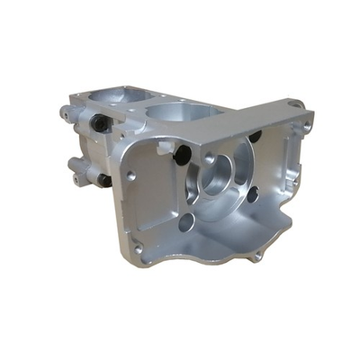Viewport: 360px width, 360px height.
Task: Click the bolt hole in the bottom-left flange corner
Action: tap(138, 247)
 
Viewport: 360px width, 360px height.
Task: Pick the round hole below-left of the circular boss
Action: tap(186, 221)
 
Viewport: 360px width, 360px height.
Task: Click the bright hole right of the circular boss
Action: tap(253, 193)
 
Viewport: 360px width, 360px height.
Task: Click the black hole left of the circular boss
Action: tap(181, 155)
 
